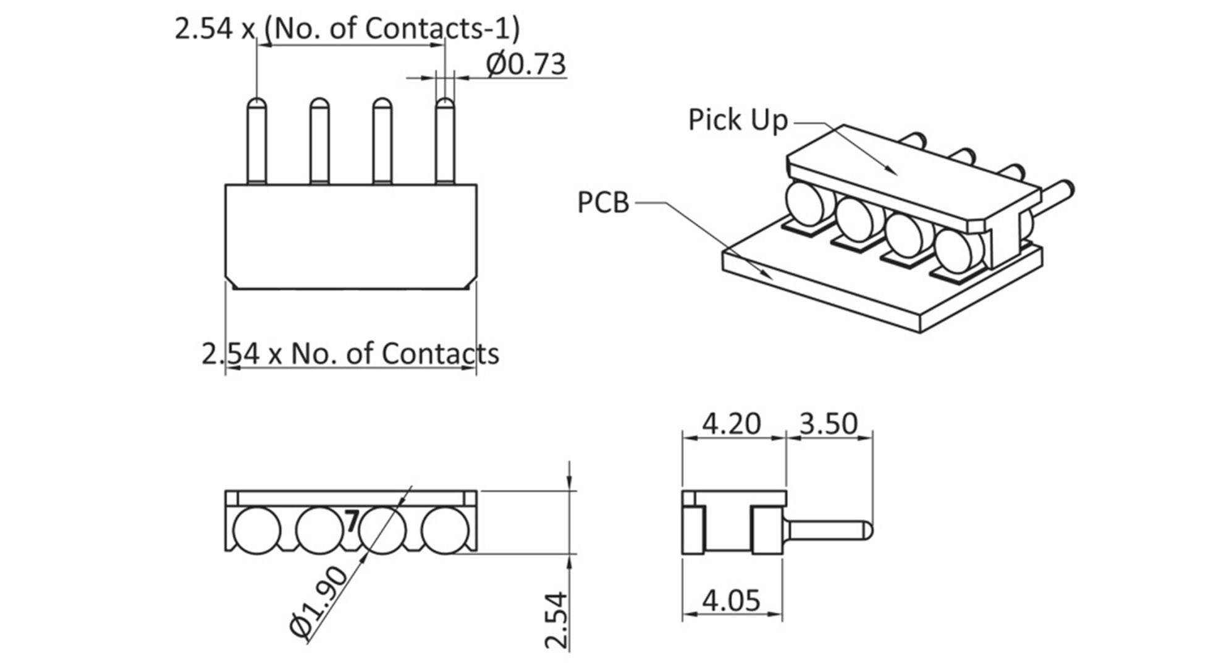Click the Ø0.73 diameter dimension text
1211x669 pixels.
point(526,64)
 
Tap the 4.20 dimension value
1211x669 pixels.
point(732,424)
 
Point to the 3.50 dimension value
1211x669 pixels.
point(829,424)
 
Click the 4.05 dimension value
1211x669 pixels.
point(732,600)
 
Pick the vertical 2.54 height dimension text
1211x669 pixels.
point(556,620)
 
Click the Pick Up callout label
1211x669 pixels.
point(738,120)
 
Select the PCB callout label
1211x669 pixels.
point(602,203)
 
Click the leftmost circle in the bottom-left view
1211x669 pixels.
point(256,530)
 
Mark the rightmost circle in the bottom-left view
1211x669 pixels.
point(445,530)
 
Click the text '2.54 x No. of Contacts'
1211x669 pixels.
point(350,354)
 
